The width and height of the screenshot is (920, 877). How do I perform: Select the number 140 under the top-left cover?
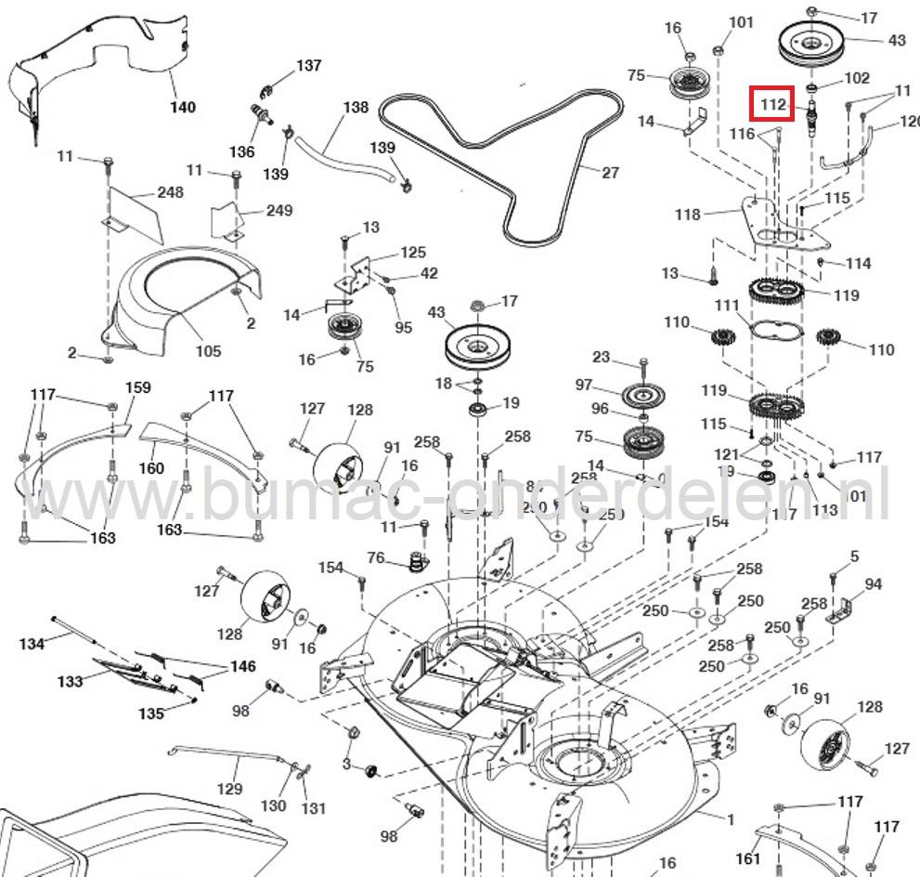click(x=182, y=107)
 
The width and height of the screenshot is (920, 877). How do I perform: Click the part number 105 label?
click(x=208, y=350)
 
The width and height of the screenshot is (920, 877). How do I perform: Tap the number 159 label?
click(x=138, y=387)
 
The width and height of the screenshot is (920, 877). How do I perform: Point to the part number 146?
click(x=243, y=666)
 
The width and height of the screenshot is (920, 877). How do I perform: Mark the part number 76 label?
click(x=375, y=557)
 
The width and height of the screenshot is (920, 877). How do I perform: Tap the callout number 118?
click(x=688, y=215)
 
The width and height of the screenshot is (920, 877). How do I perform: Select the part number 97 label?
click(x=583, y=385)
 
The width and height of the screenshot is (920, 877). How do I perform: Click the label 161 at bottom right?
click(x=747, y=858)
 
